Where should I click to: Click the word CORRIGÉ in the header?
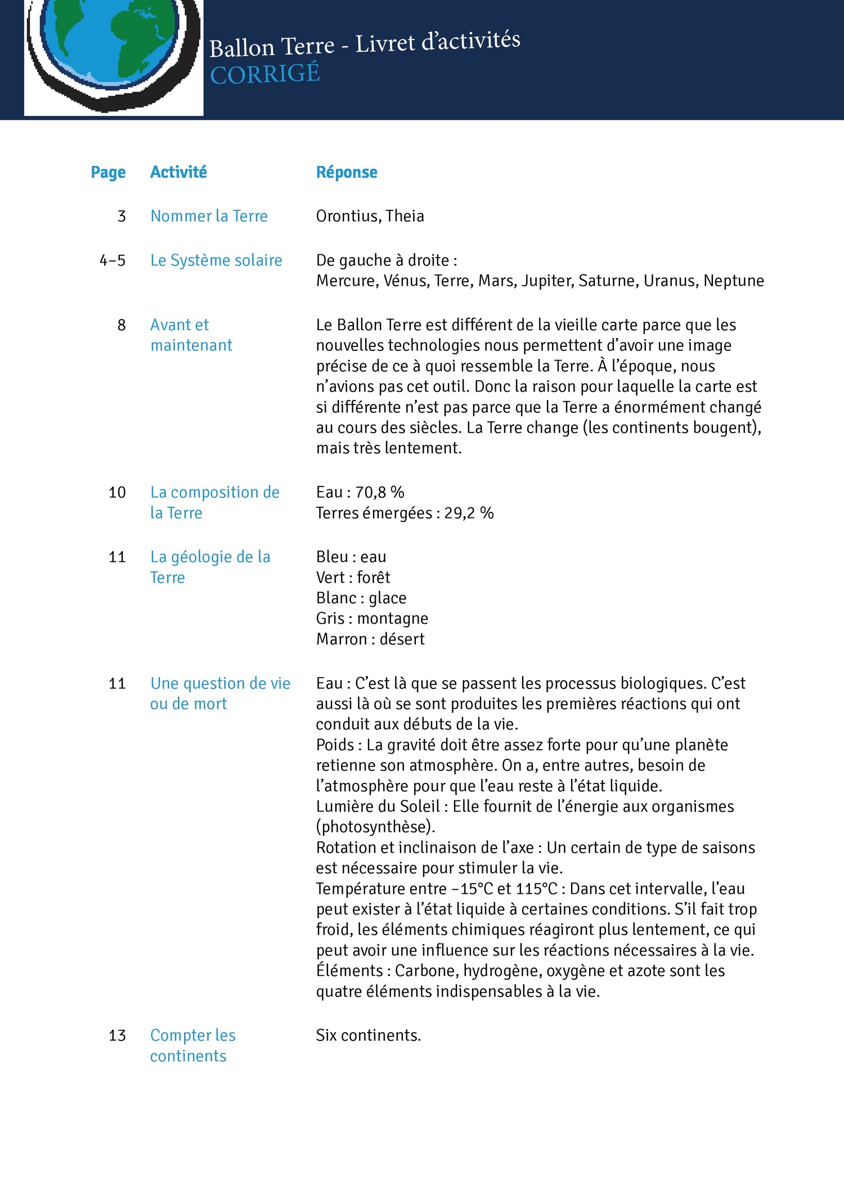[265, 74]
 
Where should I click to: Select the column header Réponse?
[347, 172]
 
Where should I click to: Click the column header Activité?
[178, 172]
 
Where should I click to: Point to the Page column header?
[108, 172]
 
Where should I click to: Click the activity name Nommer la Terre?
[209, 216]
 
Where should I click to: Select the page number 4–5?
[113, 260]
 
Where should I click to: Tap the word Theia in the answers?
[405, 216]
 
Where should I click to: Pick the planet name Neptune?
[734, 281]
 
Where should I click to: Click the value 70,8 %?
[380, 493]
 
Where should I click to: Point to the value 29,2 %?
[469, 513]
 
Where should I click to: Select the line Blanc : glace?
[361, 598]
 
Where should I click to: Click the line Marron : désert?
[370, 639]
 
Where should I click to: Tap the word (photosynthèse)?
[376, 827]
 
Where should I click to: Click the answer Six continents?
[369, 1036]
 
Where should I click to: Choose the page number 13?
[117, 1036]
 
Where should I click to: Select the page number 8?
[122, 325]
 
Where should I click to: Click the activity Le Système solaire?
[216, 260]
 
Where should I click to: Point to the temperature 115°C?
[537, 889]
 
